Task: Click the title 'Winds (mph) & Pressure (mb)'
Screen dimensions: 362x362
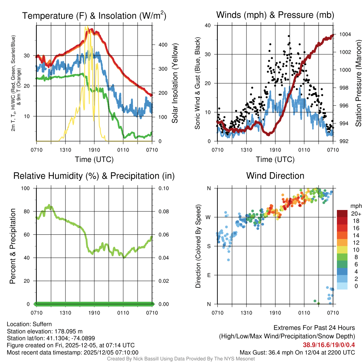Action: point(275,15)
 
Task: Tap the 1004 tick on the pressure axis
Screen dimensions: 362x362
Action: point(345,34)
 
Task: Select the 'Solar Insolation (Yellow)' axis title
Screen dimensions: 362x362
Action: point(175,83)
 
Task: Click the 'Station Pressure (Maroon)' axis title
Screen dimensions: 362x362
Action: point(358,83)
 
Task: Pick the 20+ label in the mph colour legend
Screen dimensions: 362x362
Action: point(355,214)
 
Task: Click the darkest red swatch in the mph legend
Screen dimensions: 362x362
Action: point(343,214)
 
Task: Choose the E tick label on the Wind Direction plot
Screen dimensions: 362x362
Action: point(209,275)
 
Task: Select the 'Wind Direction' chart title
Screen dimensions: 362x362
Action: point(275,176)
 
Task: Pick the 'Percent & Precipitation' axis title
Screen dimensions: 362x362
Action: point(13,246)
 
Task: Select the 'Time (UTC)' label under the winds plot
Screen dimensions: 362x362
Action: point(275,159)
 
